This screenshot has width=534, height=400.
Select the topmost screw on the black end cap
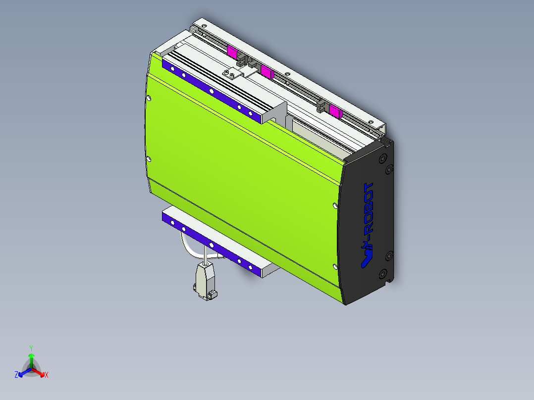(382, 158)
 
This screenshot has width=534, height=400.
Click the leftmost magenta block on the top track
(232, 50)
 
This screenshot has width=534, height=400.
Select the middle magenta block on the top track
(267, 72)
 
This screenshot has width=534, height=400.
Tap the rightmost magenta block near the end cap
(335, 111)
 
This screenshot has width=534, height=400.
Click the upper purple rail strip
(211, 91)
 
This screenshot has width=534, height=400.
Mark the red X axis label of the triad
(47, 375)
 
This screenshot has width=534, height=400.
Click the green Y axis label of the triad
(31, 348)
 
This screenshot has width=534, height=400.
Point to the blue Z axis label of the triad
(16, 375)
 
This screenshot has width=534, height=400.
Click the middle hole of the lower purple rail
(212, 245)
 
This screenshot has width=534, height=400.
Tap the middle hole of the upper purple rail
(212, 92)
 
